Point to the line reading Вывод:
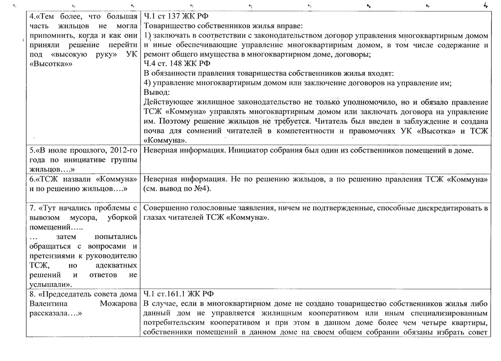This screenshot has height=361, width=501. [x=156, y=92]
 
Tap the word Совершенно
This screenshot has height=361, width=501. [x=167, y=208]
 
